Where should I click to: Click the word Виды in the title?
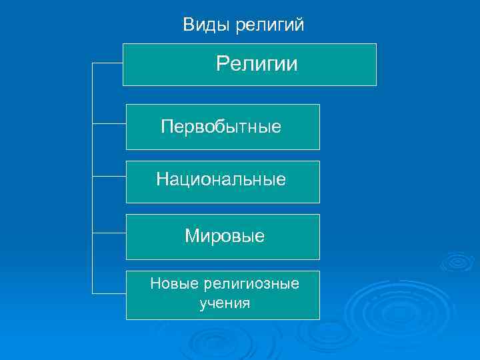tap(203, 25)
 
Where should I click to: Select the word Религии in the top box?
tap(257, 65)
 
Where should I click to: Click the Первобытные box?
tap(223, 127)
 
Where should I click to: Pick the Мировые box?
tap(223, 237)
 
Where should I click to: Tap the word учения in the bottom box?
tap(225, 304)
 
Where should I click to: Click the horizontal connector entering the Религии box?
tap(107, 64)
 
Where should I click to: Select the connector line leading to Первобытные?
tap(109, 123)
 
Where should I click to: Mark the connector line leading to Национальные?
tap(109, 177)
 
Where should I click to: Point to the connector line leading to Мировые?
tap(109, 233)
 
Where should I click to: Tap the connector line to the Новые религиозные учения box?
tap(109, 293)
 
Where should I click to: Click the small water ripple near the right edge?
tap(457, 261)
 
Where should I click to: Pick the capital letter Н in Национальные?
tap(162, 179)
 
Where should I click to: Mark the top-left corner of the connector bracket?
tap(92, 64)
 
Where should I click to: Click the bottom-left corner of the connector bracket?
tap(92, 293)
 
